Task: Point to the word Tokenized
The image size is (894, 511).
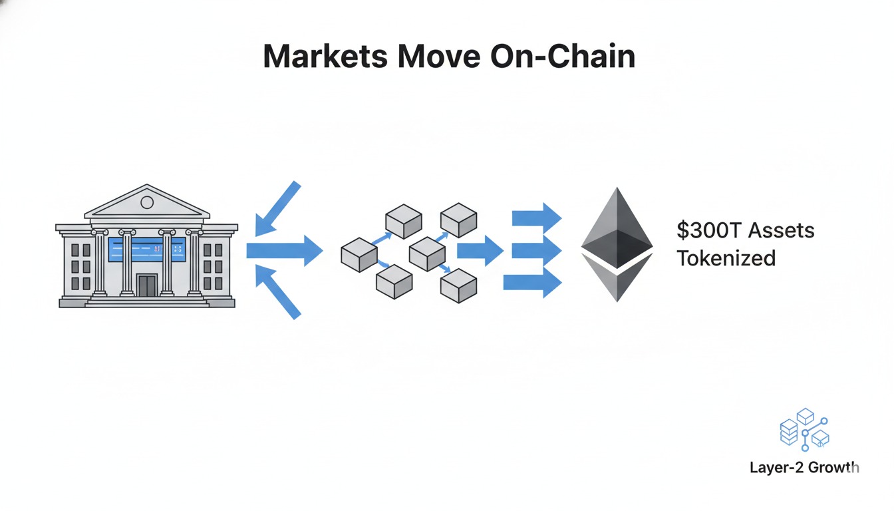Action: pos(726,257)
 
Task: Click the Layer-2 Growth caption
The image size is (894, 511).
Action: pos(804,467)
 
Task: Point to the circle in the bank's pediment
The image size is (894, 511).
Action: pos(147,202)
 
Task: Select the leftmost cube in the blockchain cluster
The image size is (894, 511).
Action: pos(359,255)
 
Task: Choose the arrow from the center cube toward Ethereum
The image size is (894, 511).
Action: pos(480,250)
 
